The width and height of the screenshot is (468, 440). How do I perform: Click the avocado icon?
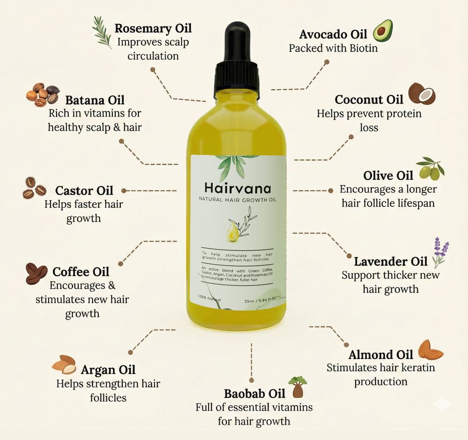(382, 31)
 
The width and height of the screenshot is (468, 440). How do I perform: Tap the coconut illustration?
(422, 94)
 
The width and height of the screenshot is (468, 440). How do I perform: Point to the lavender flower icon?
(440, 251)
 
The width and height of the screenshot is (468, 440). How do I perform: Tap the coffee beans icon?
(37, 273)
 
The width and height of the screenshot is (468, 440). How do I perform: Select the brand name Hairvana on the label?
(238, 188)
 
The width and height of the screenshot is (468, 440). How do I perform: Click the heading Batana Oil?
(95, 100)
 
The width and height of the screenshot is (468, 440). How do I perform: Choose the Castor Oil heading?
(84, 191)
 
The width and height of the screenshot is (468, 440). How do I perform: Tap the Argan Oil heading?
(108, 370)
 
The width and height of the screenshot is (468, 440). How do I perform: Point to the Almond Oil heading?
(380, 354)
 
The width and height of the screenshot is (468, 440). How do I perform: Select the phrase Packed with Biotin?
(333, 48)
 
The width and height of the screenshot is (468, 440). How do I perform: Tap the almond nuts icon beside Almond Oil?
(430, 350)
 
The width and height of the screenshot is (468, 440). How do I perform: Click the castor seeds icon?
(35, 188)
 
